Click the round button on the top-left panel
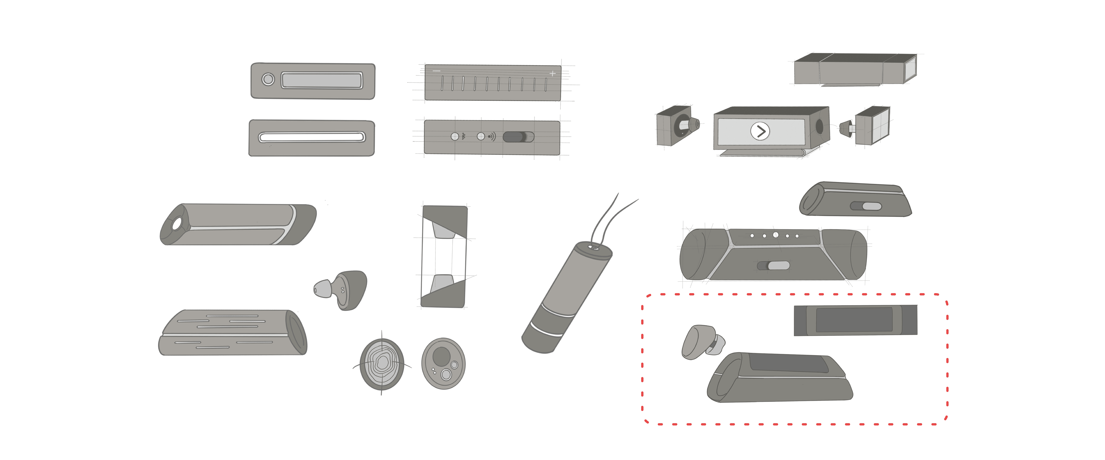pyautogui.click(x=268, y=79)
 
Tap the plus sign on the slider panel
pyautogui.click(x=552, y=73)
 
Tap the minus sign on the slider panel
pyautogui.click(x=436, y=71)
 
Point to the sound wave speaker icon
pyautogui.click(x=491, y=136)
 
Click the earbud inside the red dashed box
pyautogui.click(x=702, y=342)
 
